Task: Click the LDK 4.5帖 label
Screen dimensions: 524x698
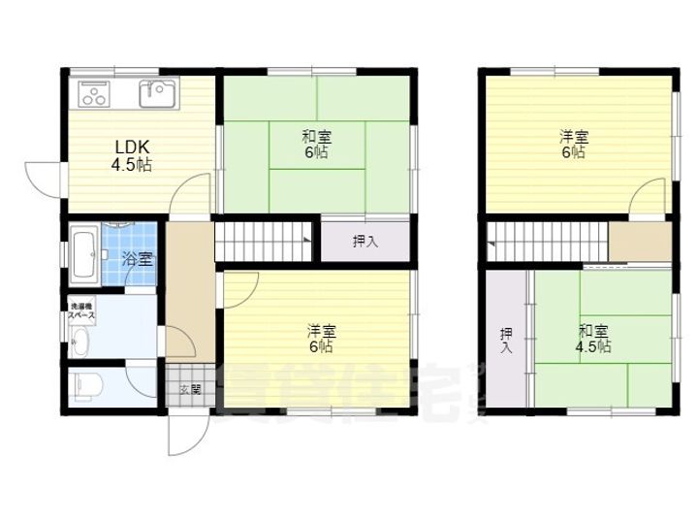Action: pos(132,155)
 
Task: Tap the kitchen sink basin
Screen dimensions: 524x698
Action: pos(156,95)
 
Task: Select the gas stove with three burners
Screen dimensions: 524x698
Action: pos(94,95)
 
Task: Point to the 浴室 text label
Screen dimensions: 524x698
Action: pos(137,259)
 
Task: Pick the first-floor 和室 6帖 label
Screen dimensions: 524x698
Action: pos(317,146)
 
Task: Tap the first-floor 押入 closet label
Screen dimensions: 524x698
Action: pos(365,241)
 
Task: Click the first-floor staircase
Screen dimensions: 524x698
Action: pos(263,240)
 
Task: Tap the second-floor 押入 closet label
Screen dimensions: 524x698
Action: pos(505,341)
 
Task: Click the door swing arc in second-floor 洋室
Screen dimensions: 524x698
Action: pos(645,200)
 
